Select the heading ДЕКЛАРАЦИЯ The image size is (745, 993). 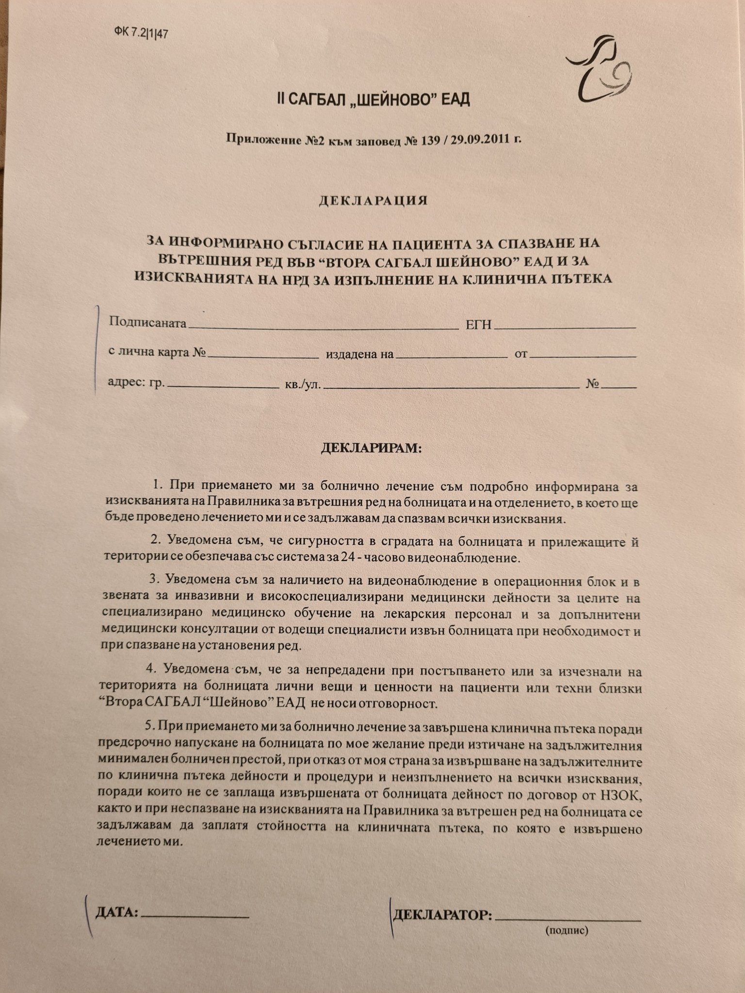pos(373,201)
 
